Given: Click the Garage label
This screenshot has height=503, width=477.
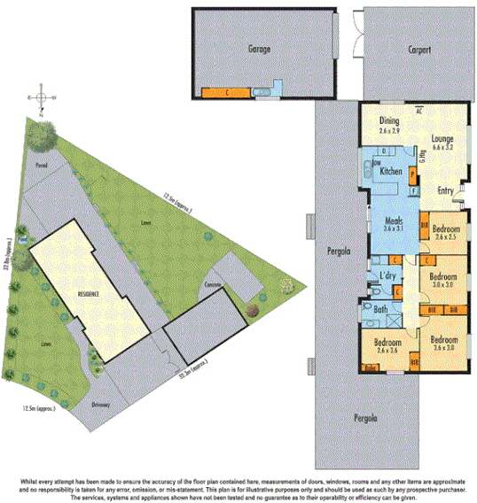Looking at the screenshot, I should point(259,50).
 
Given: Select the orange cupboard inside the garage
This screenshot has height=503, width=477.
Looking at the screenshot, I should point(226,92).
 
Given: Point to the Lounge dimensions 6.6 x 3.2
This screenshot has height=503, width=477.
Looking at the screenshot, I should point(442,147).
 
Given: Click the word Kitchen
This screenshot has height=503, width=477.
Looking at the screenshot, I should point(391,171).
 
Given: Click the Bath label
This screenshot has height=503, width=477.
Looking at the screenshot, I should point(381,310).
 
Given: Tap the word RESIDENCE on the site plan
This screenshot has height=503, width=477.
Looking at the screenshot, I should point(88,293).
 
